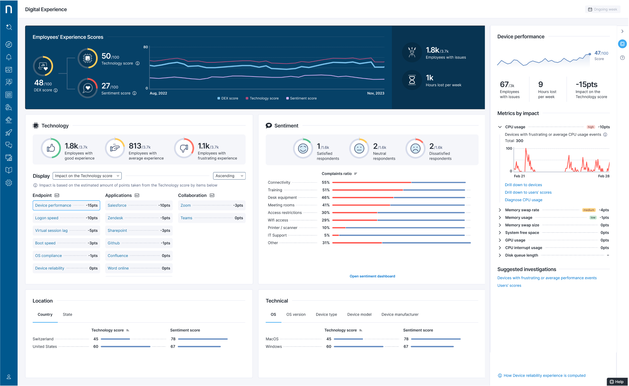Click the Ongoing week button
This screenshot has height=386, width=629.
pyautogui.click(x=603, y=9)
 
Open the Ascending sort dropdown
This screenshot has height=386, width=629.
pyautogui.click(x=229, y=176)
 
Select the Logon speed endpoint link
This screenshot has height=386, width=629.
pyautogui.click(x=47, y=218)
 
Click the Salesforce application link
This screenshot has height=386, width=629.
pyautogui.click(x=117, y=205)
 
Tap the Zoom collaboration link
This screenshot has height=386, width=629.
pyautogui.click(x=186, y=205)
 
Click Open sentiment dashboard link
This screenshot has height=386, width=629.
pyautogui.click(x=372, y=276)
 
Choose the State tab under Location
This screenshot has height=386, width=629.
pyautogui.click(x=67, y=315)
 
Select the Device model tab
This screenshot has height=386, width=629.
pyautogui.click(x=359, y=315)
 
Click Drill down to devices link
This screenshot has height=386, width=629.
pyautogui.click(x=523, y=185)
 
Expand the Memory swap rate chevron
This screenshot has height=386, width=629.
pyautogui.click(x=500, y=210)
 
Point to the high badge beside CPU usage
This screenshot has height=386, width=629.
pyautogui.click(x=590, y=127)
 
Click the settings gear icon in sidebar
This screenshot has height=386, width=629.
pyautogui.click(x=9, y=183)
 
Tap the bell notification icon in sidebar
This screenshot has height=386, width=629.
pyautogui.click(x=9, y=57)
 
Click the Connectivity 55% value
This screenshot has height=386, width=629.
pyautogui.click(x=326, y=182)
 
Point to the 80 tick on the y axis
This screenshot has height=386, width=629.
pyautogui.click(x=146, y=47)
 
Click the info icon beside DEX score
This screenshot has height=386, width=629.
pyautogui.click(x=56, y=90)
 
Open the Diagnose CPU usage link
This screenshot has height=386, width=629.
pyautogui.click(x=524, y=200)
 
